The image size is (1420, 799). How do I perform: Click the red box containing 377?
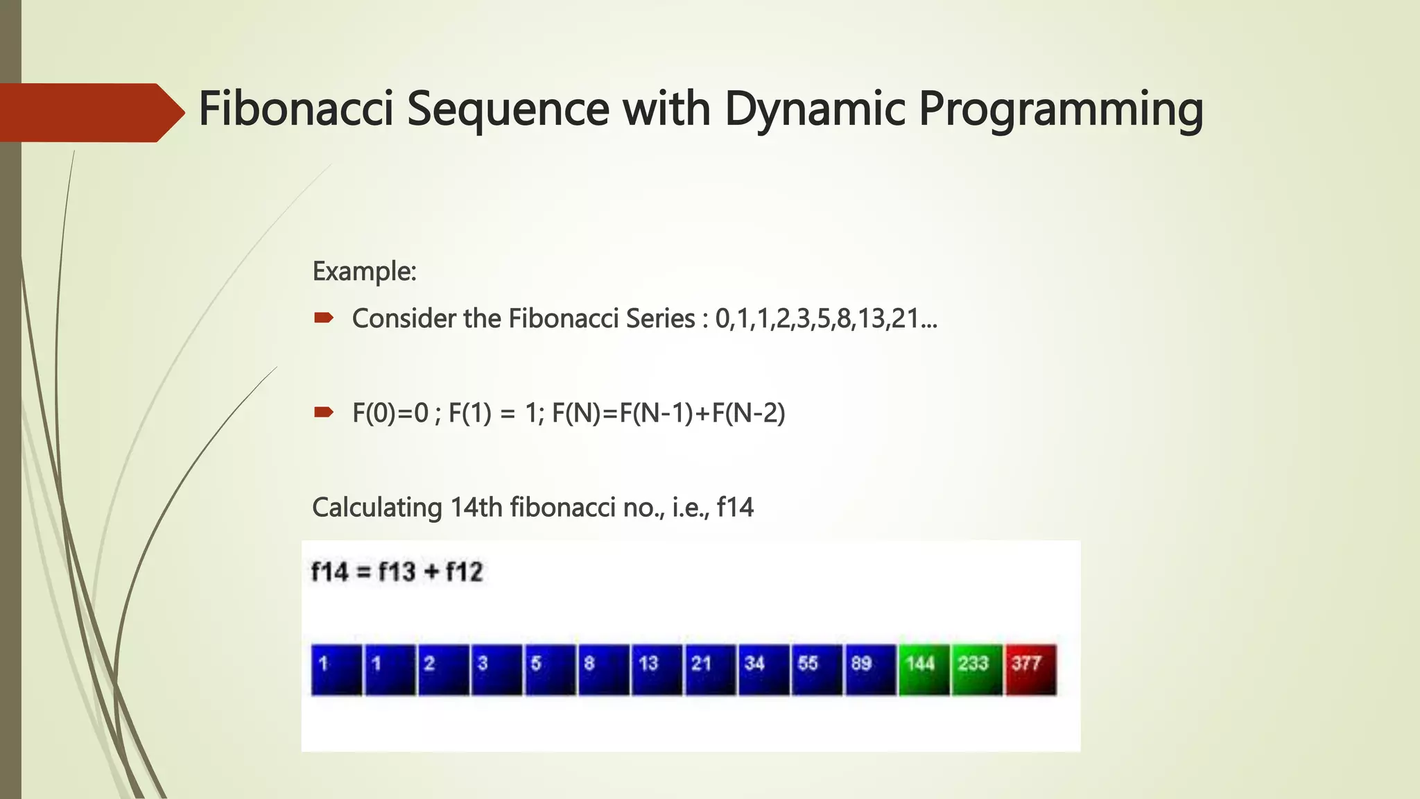[x=1031, y=669]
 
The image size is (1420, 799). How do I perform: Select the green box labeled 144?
[x=924, y=669]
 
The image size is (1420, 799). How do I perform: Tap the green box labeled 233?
[x=977, y=669]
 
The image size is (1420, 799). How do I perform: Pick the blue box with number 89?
[x=870, y=669]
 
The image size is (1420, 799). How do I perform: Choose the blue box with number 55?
[x=817, y=669]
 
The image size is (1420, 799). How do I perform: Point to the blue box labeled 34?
[x=763, y=669]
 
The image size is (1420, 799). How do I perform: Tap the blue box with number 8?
[x=603, y=669]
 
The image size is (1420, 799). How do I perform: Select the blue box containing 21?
[x=710, y=669]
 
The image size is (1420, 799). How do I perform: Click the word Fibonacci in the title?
[x=296, y=109]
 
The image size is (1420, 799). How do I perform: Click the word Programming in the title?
[x=1060, y=110]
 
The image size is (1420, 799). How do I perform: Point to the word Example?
[x=364, y=271]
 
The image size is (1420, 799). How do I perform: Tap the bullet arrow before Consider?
[x=324, y=318]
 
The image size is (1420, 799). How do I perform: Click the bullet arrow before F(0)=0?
[x=324, y=413]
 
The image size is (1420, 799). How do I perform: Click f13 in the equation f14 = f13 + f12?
[x=397, y=572]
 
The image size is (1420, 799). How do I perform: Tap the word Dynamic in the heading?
[x=815, y=110]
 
